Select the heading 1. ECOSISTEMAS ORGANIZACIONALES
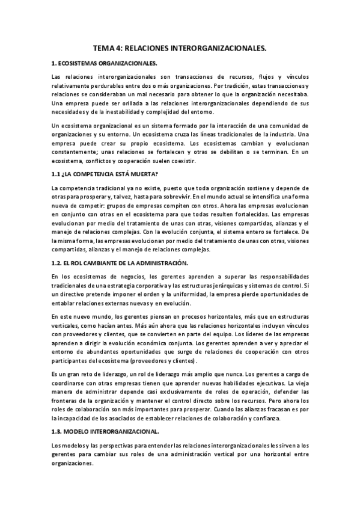coord(104,63)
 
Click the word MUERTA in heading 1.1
coord(142,174)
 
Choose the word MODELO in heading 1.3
coord(80,431)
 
